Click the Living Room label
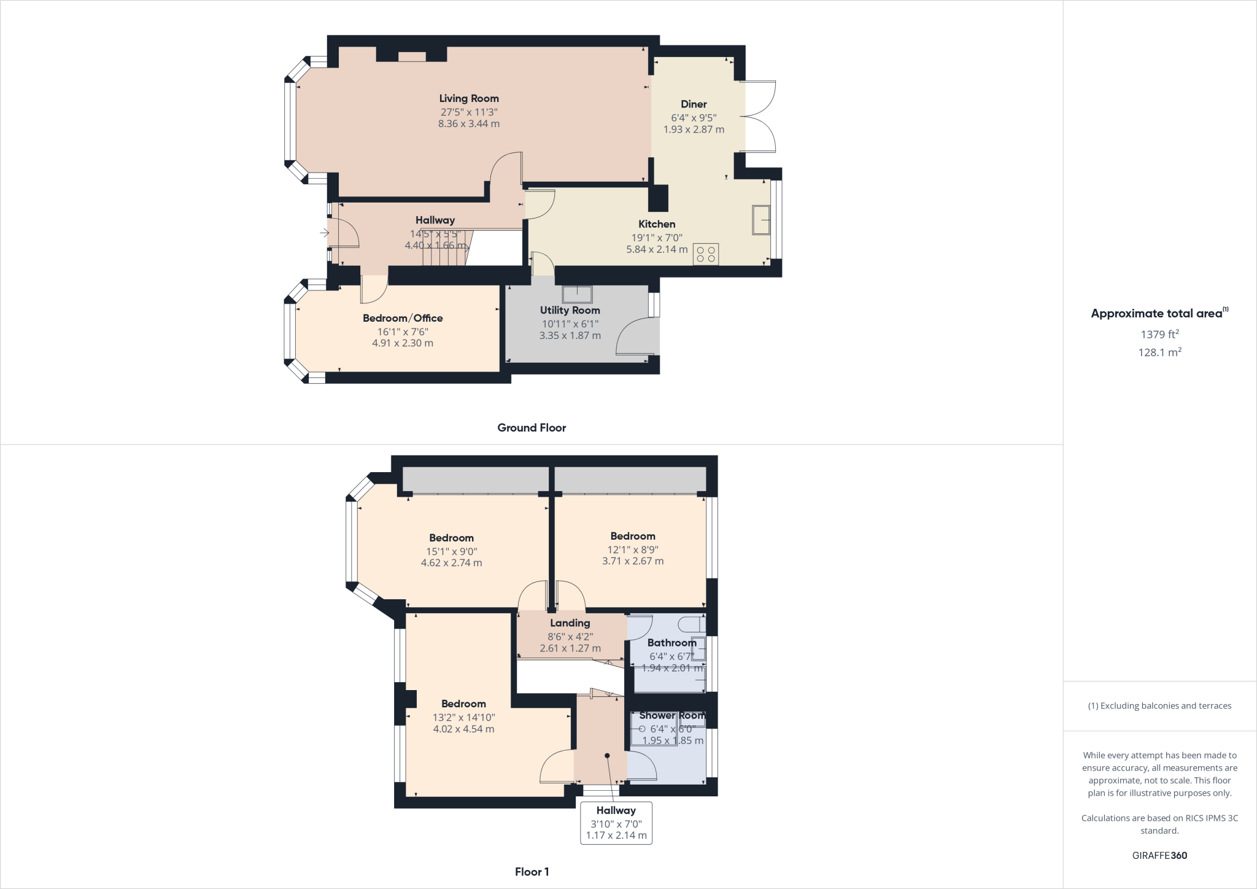click(468, 98)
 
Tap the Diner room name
click(694, 104)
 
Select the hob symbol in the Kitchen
click(706, 254)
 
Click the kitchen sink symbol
click(762, 220)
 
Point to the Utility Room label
click(570, 311)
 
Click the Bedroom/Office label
click(403, 318)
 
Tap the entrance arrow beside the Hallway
click(324, 233)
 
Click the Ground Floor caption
click(532, 428)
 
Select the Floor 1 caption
click(532, 872)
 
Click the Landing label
click(570, 623)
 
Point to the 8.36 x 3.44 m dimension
click(468, 124)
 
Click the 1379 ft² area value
click(1159, 335)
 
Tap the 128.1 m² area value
click(1159, 352)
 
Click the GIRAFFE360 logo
click(1159, 855)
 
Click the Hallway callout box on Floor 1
click(616, 823)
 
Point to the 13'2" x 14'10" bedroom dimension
click(463, 717)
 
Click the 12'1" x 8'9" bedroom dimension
click(633, 549)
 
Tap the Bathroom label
click(671, 643)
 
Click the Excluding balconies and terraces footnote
click(1159, 706)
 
